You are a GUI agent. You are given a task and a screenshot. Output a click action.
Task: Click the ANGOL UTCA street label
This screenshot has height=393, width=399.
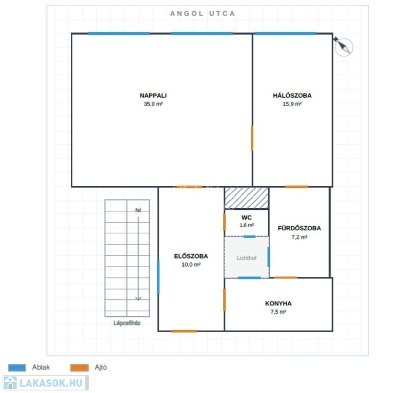click(x=202, y=14)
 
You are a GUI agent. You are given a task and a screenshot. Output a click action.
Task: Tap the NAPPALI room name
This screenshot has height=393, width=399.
click(x=153, y=96)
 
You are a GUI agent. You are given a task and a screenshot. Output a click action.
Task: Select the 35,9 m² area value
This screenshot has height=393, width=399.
click(x=153, y=104)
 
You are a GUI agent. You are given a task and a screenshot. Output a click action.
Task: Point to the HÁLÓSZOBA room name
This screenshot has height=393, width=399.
click(x=292, y=96)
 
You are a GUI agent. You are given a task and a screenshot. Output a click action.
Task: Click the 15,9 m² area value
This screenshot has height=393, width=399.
click(x=292, y=104)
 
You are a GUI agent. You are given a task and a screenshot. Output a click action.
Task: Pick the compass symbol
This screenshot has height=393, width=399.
click(x=343, y=47)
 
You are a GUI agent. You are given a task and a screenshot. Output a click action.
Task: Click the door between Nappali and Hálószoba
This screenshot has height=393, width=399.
click(x=252, y=138)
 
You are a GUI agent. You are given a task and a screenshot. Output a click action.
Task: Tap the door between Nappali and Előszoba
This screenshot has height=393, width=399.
click(x=190, y=187)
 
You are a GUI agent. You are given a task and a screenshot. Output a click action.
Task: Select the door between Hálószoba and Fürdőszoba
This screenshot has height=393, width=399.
click(x=297, y=187)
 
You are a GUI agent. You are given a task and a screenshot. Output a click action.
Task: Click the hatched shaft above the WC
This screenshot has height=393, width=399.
click(x=247, y=198)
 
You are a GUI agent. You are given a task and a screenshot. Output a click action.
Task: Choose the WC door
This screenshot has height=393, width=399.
click(x=225, y=222)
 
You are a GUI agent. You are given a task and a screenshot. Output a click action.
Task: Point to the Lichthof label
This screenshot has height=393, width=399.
click(x=247, y=258)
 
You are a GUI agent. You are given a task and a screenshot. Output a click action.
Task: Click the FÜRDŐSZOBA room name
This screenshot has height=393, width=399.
click(x=300, y=228)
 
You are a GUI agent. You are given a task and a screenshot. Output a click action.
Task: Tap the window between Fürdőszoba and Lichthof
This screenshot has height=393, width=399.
click(x=269, y=257)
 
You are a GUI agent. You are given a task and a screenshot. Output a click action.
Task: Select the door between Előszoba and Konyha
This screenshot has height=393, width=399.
click(x=225, y=300)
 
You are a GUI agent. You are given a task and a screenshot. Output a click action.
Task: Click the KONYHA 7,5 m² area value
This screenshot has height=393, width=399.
click(x=278, y=312)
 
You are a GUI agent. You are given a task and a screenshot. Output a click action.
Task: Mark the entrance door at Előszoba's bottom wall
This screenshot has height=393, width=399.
click(x=184, y=331)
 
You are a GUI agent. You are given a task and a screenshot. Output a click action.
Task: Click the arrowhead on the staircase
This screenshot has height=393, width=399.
click(x=138, y=298)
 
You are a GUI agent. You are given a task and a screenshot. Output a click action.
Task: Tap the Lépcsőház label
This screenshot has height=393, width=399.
click(x=127, y=323)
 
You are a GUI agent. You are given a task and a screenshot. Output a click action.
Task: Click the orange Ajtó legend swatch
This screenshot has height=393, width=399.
click(x=79, y=367)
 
